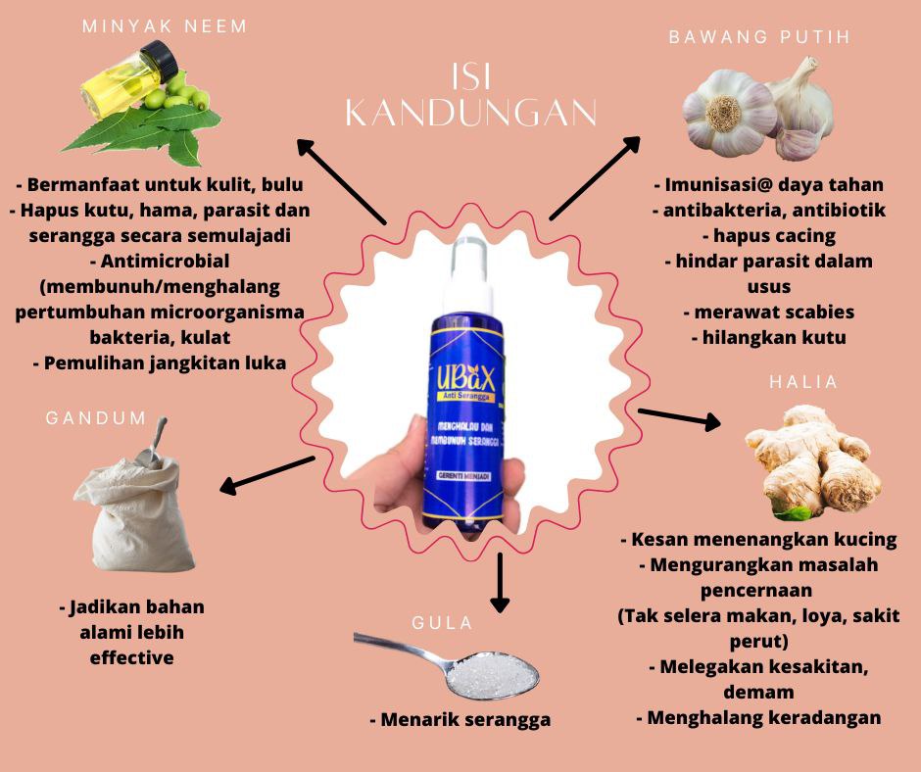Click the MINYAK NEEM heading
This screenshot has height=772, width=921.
coord(164,26)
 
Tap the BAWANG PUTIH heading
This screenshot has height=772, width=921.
coord(758,37)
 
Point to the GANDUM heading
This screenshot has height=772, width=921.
coord(96,418)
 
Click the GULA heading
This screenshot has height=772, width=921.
coord(442,623)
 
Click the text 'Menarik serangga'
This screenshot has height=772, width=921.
coord(460,720)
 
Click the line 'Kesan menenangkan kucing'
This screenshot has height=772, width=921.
coord(758,540)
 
